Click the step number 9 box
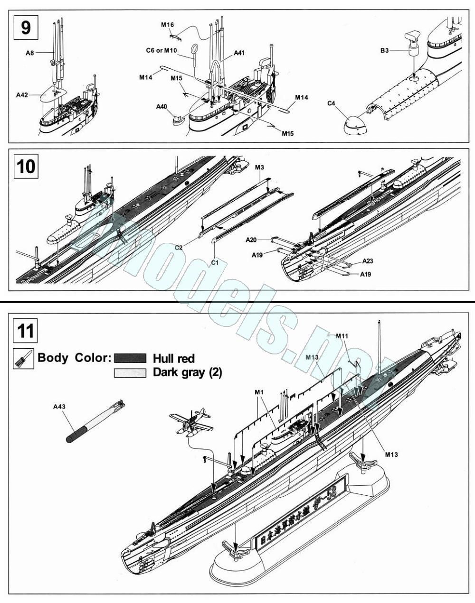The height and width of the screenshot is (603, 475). click(26, 27)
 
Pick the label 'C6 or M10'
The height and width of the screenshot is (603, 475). click(161, 49)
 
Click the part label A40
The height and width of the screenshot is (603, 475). click(161, 107)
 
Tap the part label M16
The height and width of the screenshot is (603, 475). click(167, 24)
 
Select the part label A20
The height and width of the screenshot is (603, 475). click(251, 241)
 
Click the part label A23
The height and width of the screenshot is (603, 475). click(368, 261)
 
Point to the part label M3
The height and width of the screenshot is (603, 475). click(259, 167)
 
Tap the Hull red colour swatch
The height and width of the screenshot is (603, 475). click(130, 358)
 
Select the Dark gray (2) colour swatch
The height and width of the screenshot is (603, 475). click(130, 373)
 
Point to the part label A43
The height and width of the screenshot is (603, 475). click(59, 407)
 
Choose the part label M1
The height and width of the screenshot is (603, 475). click(259, 392)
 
